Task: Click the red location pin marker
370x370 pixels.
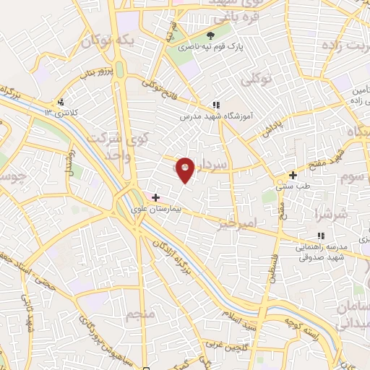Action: pyautogui.click(x=186, y=170)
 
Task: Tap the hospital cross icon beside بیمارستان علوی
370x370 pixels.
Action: pyautogui.click(x=156, y=197)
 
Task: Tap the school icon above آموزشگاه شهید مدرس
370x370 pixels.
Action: pyautogui.click(x=215, y=105)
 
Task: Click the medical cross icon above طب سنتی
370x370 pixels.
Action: pyautogui.click(x=292, y=175)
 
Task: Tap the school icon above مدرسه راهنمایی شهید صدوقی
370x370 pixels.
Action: pyautogui.click(x=320, y=236)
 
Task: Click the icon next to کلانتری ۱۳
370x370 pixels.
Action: pyautogui.click(x=61, y=102)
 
